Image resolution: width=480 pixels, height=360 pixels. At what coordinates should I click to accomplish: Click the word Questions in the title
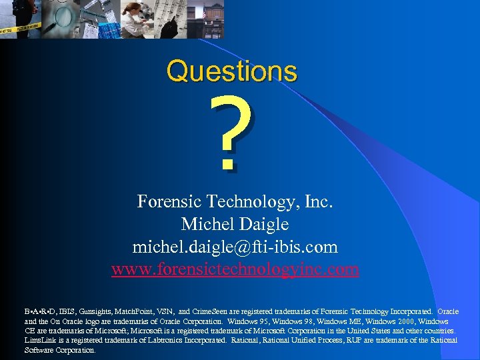231,71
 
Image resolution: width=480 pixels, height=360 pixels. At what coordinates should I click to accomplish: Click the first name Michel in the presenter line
207,224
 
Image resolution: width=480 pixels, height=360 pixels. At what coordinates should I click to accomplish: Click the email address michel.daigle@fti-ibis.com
235,247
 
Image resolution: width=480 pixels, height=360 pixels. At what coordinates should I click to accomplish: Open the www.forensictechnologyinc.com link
235,269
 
